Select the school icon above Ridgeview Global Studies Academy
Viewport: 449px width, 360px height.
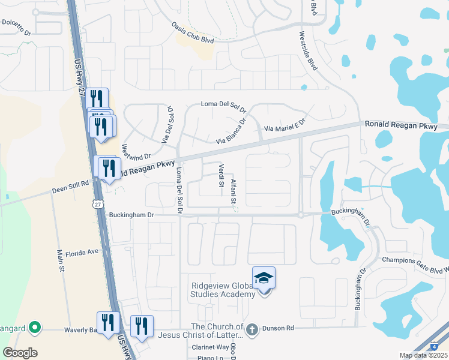point(264,278)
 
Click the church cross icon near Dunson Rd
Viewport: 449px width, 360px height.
point(252,329)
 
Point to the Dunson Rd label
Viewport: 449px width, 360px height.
point(281,328)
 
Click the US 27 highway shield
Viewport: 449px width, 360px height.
point(97,203)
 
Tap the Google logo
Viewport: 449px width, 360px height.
point(20,353)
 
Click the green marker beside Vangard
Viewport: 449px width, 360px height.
point(35,328)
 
